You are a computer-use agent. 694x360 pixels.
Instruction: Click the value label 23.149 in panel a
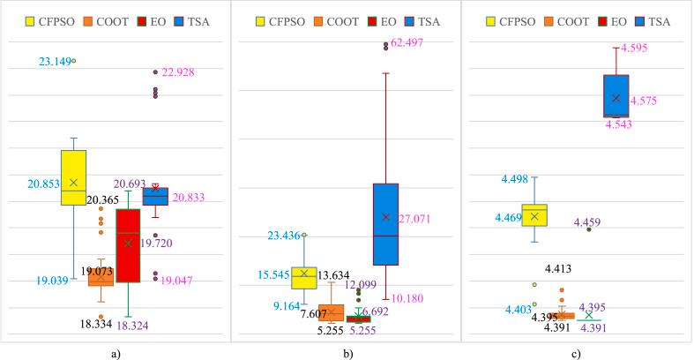pyautogui.click(x=56, y=61)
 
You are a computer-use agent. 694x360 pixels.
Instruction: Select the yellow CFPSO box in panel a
pyautogui.click(x=73, y=177)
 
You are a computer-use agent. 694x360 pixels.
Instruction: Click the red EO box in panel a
pyautogui.click(x=128, y=245)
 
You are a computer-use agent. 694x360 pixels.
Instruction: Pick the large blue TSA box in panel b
pyautogui.click(x=385, y=224)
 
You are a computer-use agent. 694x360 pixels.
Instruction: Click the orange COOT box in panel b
pyautogui.click(x=331, y=312)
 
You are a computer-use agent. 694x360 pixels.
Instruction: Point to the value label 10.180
pyautogui.click(x=405, y=298)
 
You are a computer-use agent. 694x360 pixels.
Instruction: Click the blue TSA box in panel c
pyautogui.click(x=616, y=95)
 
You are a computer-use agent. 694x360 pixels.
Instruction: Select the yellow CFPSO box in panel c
pyautogui.click(x=534, y=215)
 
